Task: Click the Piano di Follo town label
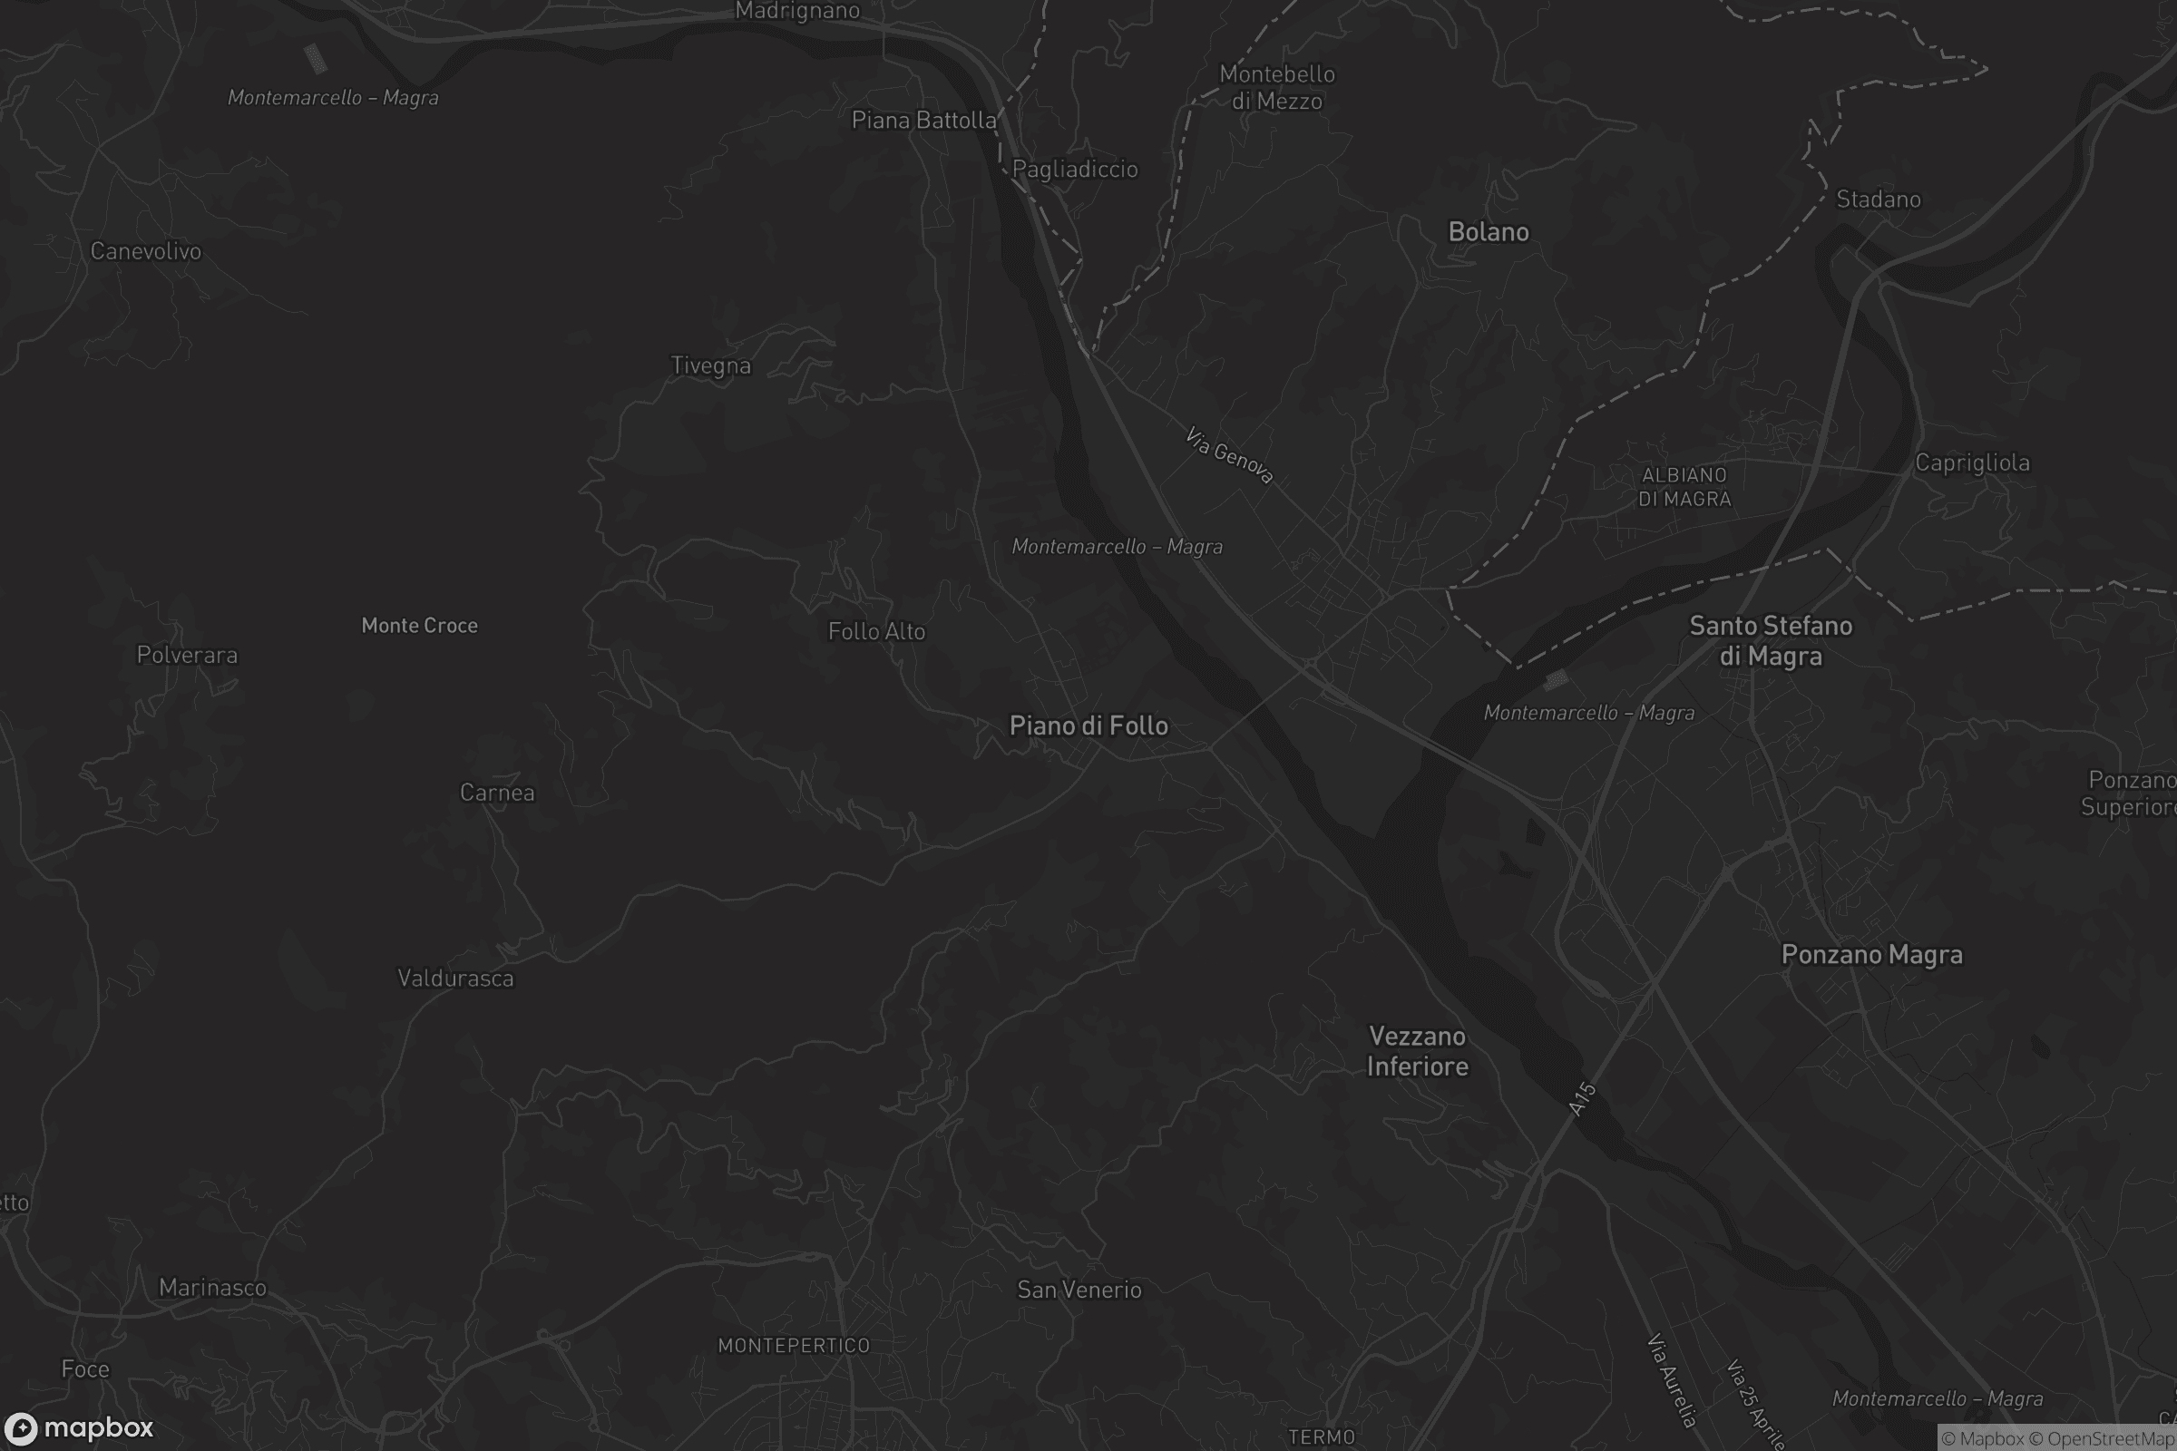[1088, 725]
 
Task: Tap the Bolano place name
[1489, 231]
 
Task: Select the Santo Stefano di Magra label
[1771, 640]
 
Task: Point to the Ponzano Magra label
[1871, 954]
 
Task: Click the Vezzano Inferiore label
[1417, 1050]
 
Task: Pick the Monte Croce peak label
[419, 626]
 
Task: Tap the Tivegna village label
[711, 365]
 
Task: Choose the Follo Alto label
[876, 631]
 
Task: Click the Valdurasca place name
[455, 979]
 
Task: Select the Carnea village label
[497, 793]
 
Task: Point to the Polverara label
[187, 655]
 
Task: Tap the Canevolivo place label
[145, 251]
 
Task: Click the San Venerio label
[1079, 1289]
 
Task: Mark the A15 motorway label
[1583, 1098]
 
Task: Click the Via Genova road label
[1229, 455]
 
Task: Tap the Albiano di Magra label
[1684, 487]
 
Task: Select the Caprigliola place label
[1972, 463]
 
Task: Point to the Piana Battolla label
[923, 121]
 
